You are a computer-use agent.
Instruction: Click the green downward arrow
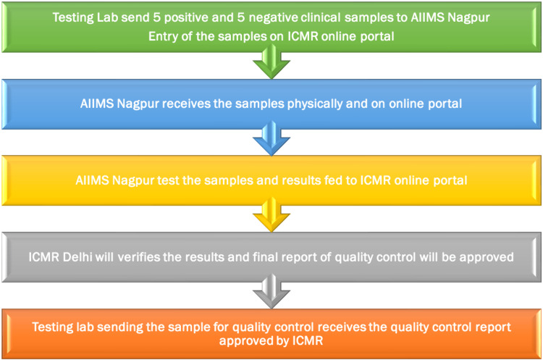271,62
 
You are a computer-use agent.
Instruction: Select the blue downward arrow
271,138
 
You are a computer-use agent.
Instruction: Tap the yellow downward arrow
271,215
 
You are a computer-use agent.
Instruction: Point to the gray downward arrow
271,291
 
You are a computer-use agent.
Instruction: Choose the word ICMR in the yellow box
375,180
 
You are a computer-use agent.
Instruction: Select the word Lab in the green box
106,17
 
